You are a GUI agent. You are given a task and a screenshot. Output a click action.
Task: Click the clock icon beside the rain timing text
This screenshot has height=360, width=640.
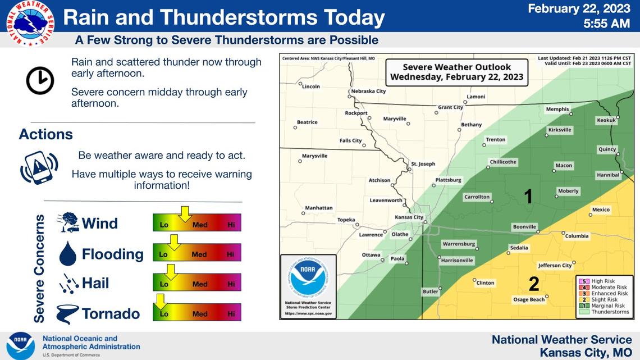tap(40, 80)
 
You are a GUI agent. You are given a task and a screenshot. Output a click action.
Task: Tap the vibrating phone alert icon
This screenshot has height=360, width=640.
tap(39, 168)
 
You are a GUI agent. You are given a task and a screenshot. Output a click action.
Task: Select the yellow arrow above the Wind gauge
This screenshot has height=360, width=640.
tap(184, 214)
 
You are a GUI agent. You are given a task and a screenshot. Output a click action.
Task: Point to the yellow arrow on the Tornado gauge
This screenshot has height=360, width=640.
tap(161, 302)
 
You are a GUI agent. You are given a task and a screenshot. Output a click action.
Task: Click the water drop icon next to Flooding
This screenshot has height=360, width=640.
tap(67, 254)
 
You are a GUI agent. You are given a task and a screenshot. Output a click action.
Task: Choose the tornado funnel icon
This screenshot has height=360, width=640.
tap(67, 314)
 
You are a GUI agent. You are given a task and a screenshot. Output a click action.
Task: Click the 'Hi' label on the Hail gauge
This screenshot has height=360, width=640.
tap(231, 284)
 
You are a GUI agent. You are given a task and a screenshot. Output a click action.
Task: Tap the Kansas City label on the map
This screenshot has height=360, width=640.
tap(409, 217)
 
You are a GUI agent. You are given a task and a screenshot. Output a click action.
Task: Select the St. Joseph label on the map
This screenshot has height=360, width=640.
tap(423, 164)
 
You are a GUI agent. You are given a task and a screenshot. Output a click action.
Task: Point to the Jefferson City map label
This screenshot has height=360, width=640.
tap(555, 265)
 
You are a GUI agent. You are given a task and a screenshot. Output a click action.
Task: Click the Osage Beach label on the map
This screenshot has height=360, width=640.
tap(529, 299)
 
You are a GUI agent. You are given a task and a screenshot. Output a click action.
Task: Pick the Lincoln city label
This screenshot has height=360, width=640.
tap(310, 86)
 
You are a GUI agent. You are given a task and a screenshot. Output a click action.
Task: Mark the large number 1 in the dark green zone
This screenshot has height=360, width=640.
tap(528, 196)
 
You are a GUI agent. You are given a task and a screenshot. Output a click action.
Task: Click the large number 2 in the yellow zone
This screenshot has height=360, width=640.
tap(533, 284)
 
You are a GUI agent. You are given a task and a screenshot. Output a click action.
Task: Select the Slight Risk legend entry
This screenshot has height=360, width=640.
tap(605, 299)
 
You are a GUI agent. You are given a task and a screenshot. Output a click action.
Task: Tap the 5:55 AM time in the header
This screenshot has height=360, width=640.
tap(607, 24)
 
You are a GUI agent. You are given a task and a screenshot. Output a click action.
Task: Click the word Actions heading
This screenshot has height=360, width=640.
tap(46, 135)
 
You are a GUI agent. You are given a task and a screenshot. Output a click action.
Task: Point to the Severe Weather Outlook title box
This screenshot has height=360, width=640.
tap(456, 72)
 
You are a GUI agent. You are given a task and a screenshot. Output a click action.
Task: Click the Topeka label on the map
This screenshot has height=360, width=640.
tap(346, 220)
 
